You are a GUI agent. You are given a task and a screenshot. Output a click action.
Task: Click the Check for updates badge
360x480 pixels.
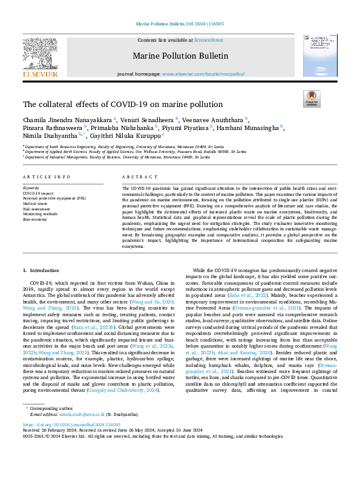tap(311, 99)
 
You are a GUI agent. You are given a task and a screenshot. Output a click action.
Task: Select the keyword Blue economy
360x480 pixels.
tap(34, 219)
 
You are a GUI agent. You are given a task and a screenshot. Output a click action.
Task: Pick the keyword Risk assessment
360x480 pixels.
tap(36, 209)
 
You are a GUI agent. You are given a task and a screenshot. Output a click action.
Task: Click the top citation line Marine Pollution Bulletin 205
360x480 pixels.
tap(180, 25)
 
